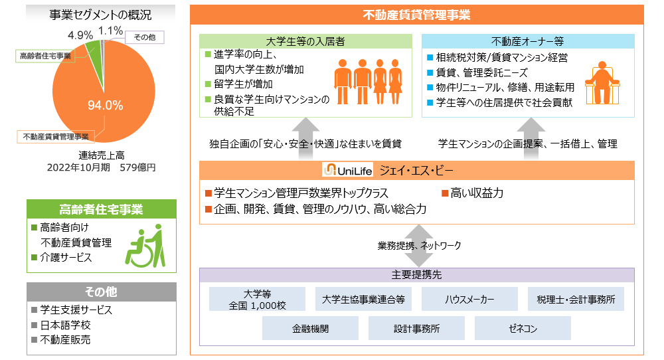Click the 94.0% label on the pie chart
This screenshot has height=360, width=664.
pyautogui.click(x=105, y=105)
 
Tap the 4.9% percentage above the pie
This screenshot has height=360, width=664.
pyautogui.click(x=80, y=35)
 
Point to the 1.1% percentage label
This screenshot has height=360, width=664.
pyautogui.click(x=110, y=31)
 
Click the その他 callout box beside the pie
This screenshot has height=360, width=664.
pyautogui.click(x=144, y=37)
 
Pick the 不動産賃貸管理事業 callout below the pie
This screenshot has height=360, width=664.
pyautogui.click(x=56, y=136)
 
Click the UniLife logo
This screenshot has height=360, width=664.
pyautogui.click(x=347, y=170)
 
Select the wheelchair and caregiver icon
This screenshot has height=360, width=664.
pyautogui.click(x=145, y=246)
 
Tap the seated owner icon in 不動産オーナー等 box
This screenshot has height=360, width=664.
pyautogui.click(x=602, y=83)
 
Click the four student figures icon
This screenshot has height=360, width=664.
pyautogui.click(x=368, y=82)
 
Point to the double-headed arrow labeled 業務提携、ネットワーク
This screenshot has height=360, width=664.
pyautogui.click(x=418, y=246)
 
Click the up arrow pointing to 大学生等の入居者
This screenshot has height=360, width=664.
pyautogui.click(x=305, y=139)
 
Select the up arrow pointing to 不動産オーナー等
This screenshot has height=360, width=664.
pyautogui.click(x=531, y=139)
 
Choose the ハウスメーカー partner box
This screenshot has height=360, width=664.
pyautogui.click(x=469, y=299)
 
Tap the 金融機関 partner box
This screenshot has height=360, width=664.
pyautogui.click(x=310, y=328)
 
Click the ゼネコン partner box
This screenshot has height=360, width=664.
pyautogui.click(x=523, y=328)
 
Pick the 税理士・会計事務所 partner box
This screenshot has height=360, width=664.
pyautogui.click(x=576, y=299)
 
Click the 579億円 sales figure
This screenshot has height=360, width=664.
pyautogui.click(x=137, y=168)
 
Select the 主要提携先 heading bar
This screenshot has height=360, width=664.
pyautogui.click(x=417, y=275)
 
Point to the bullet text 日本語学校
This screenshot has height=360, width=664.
pyautogui.click(x=65, y=325)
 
